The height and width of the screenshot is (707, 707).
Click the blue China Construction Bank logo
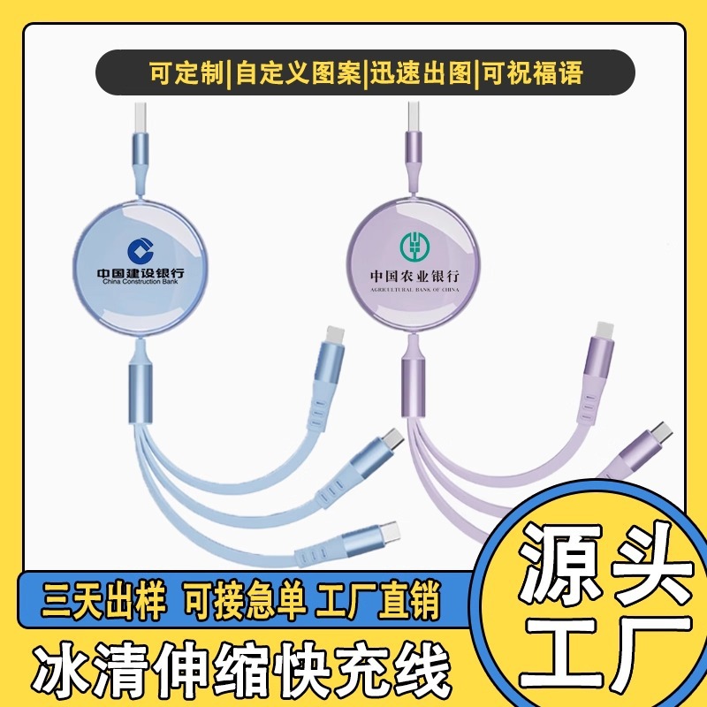140,250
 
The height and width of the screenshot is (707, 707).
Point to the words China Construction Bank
141,283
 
